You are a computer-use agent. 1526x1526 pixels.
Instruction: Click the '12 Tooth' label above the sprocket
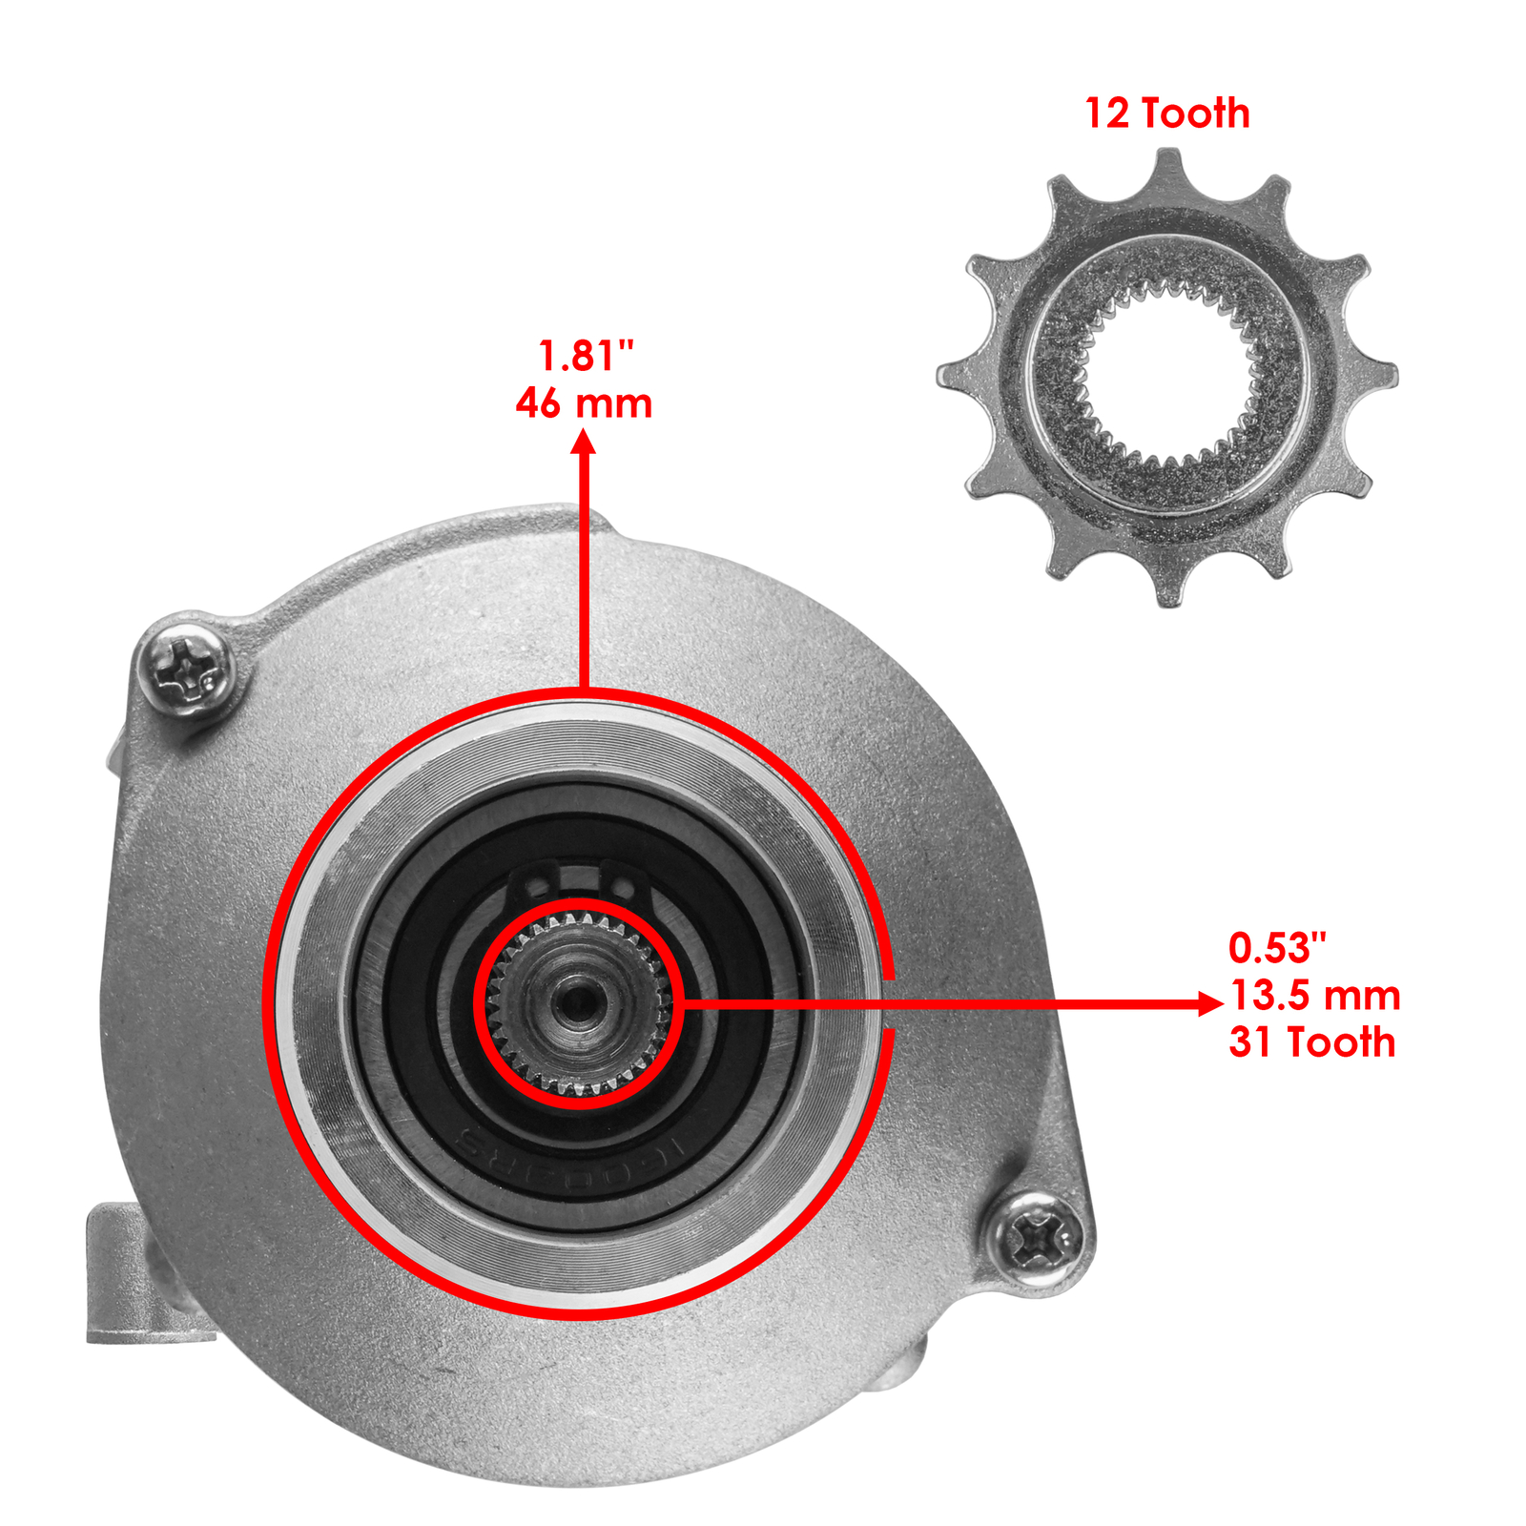(x=1167, y=113)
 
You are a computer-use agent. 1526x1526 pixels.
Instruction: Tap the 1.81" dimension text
(x=586, y=356)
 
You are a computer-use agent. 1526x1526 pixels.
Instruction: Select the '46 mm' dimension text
(x=584, y=403)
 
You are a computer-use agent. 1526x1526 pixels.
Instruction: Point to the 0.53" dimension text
(x=1277, y=948)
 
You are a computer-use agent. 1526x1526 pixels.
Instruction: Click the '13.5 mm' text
(x=1315, y=996)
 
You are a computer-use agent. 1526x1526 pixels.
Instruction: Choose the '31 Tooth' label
(x=1312, y=1042)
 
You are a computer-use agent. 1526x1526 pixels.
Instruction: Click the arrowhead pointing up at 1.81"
(x=584, y=443)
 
